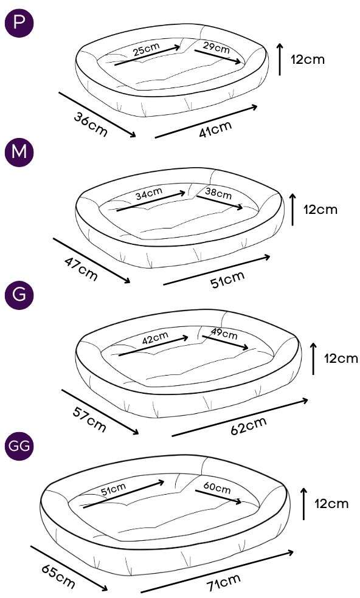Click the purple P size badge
[x=19, y=23]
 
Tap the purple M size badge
[x=19, y=152]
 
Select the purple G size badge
[x=19, y=295]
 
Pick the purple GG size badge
[x=19, y=446]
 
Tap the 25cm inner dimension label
[x=147, y=50]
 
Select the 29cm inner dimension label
[x=216, y=47]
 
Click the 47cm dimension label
[x=80, y=269]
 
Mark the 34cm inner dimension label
[x=149, y=194]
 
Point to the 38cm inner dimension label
[x=218, y=193]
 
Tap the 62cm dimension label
[x=249, y=426]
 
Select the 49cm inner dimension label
[x=224, y=334]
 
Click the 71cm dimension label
[x=224, y=582]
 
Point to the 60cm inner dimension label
[x=217, y=487]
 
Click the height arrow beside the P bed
[x=280, y=59]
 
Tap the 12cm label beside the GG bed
[x=332, y=504]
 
